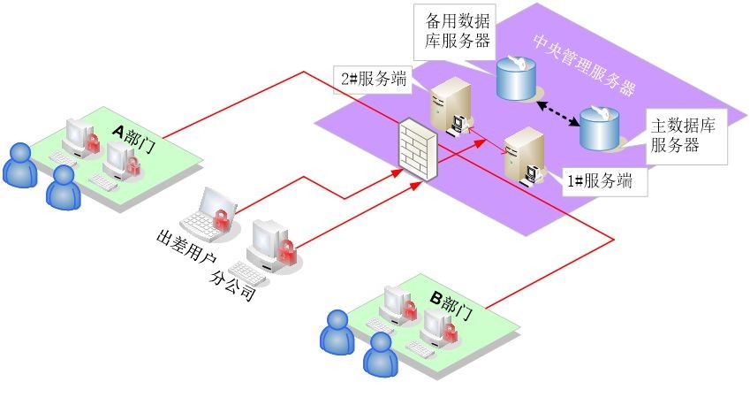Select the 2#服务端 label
[x=374, y=78]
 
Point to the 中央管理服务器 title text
[x=585, y=66]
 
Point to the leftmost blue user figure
[x=19, y=164]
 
